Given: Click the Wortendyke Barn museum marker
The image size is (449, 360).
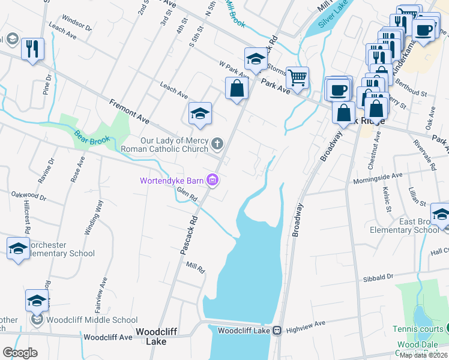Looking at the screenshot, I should click(x=212, y=180).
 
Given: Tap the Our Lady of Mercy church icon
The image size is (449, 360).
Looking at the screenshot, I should click(x=218, y=144).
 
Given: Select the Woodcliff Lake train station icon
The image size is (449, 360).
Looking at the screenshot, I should click(x=277, y=330).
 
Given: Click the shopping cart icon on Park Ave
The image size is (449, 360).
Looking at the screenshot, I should click(x=297, y=77).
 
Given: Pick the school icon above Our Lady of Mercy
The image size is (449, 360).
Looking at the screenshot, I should click(x=200, y=114).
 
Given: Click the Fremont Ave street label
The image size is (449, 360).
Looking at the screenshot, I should click(x=129, y=111).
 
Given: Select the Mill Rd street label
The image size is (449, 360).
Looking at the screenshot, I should click(x=196, y=266).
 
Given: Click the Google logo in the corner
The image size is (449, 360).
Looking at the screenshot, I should click(x=20, y=353).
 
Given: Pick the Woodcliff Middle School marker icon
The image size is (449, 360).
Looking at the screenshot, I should click(x=37, y=320).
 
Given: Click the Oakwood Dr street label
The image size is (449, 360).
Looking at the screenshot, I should click(x=29, y=196).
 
